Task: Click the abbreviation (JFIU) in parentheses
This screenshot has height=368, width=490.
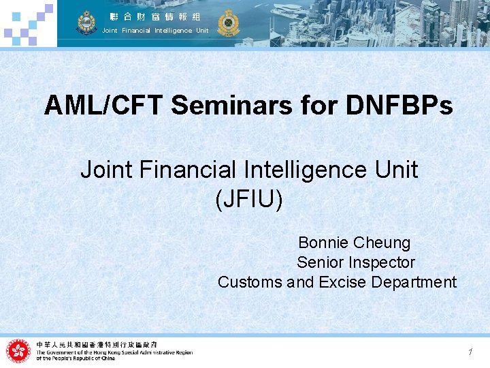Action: click(249, 200)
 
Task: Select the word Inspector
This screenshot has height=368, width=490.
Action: click(383, 262)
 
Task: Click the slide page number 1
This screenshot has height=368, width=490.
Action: click(470, 352)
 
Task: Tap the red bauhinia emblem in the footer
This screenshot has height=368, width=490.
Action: click(18, 351)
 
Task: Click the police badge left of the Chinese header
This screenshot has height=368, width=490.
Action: click(86, 23)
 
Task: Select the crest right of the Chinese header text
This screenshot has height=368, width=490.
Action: click(228, 23)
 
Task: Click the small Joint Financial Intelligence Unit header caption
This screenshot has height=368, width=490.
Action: click(155, 31)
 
